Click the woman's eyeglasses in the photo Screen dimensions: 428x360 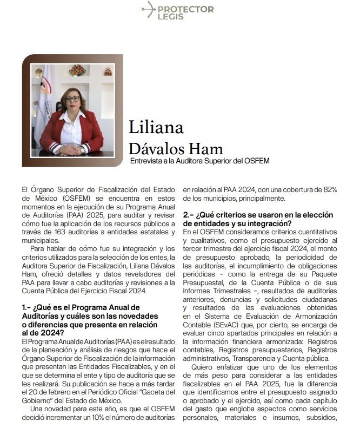coord(72,99)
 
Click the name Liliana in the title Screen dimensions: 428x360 coord(156,127)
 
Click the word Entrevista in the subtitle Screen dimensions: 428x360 coord(148,161)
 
